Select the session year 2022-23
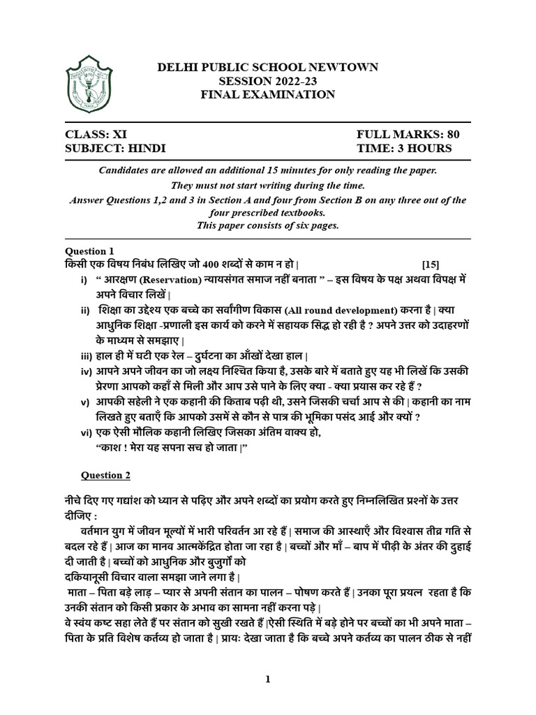tap(293, 81)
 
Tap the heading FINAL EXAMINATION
tap(267, 94)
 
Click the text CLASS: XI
tap(96, 134)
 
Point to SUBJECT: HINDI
tap(116, 148)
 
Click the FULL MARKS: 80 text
tap(408, 134)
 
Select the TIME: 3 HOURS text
tap(404, 148)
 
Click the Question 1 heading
tap(89, 251)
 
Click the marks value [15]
tap(431, 265)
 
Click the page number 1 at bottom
tap(267, 679)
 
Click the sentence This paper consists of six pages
tap(267, 226)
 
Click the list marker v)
tap(86, 402)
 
